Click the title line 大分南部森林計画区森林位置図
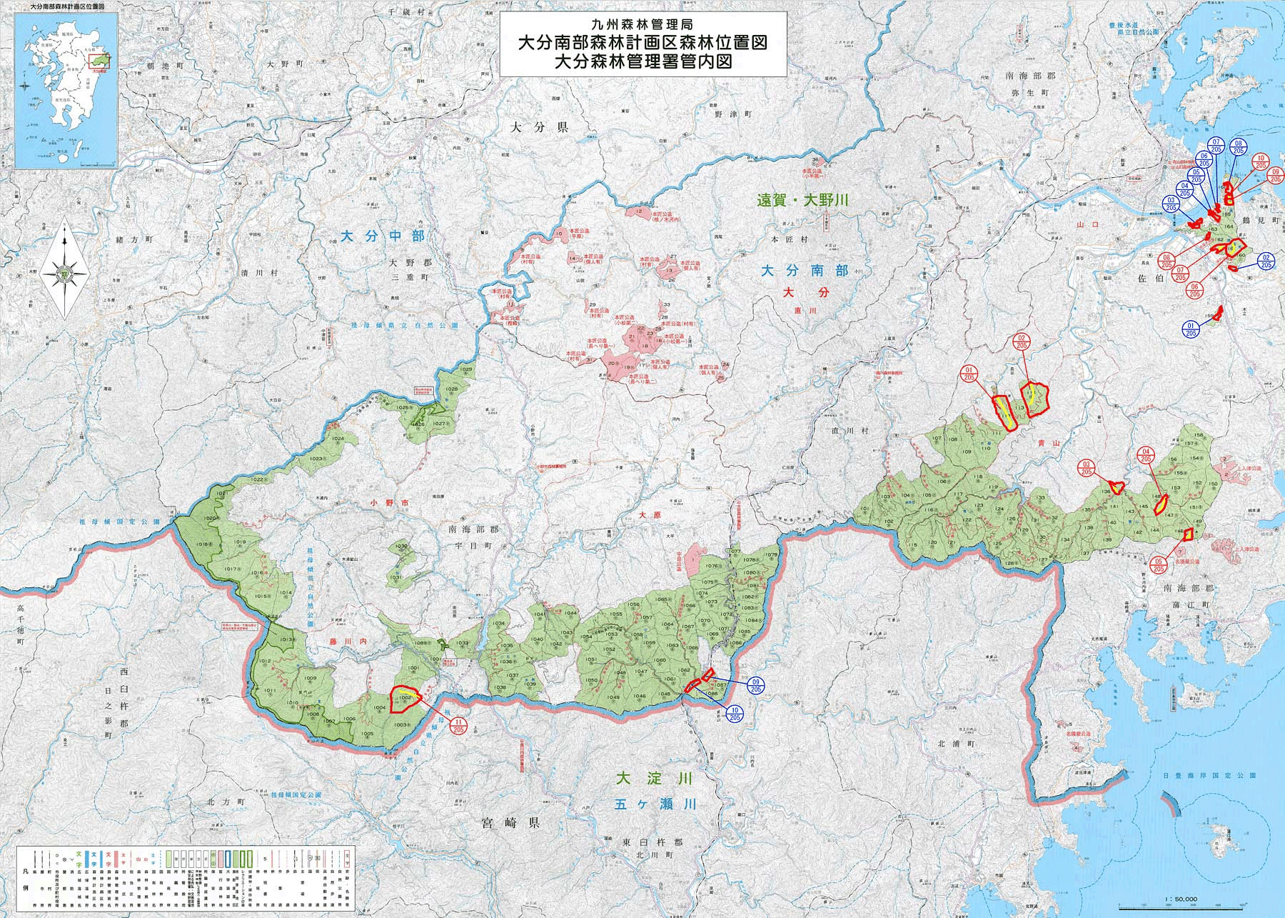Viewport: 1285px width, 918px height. tap(642, 43)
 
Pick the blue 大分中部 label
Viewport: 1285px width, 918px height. tap(382, 236)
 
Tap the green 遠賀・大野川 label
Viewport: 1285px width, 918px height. tap(802, 201)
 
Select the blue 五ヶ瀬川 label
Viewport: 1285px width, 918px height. tap(655, 804)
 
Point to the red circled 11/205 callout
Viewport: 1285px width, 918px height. tap(458, 726)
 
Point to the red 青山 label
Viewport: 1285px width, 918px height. tap(1052, 443)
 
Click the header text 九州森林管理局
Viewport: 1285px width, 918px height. tap(642, 24)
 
